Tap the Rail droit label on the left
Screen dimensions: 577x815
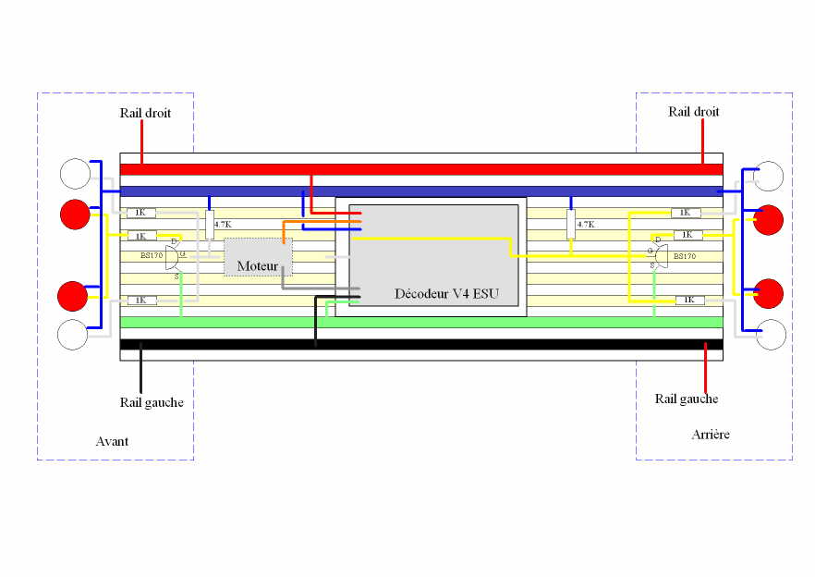point(145,113)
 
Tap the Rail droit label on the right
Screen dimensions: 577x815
point(693,112)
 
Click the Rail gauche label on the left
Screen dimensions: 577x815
point(152,402)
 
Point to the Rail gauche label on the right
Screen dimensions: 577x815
point(687,399)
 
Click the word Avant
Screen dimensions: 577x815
point(112,441)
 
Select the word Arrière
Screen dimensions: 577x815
point(710,434)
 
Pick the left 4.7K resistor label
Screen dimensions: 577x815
point(223,224)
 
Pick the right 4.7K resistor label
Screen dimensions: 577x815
point(585,224)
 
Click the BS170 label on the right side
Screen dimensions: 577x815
point(684,255)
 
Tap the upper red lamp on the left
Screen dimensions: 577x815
point(75,214)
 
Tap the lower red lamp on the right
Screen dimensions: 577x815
point(769,292)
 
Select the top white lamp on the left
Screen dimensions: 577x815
point(75,173)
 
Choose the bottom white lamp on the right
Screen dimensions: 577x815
point(771,335)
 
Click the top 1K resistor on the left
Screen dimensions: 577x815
point(141,213)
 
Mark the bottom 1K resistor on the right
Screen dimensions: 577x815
point(689,300)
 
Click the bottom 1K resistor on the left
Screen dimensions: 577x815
point(141,301)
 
